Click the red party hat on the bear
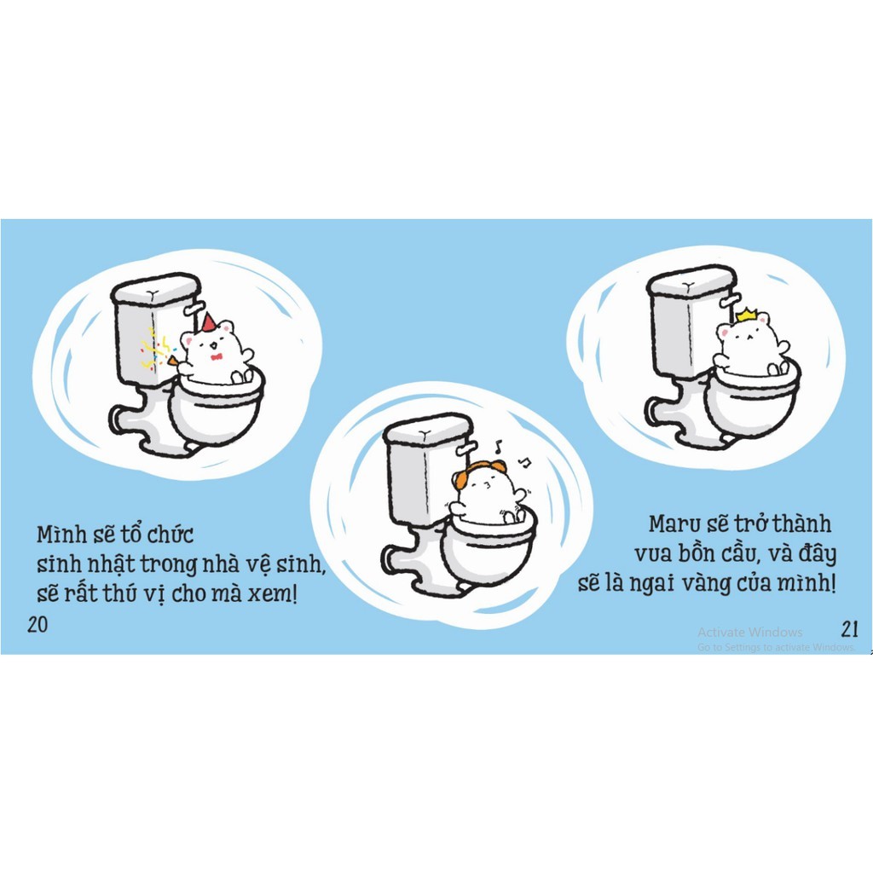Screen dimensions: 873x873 [x=208, y=322]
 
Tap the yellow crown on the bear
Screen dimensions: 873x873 [x=745, y=315]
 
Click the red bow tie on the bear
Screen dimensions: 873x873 [x=216, y=356]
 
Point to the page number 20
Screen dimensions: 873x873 [x=38, y=625]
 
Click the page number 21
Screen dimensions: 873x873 [x=850, y=629]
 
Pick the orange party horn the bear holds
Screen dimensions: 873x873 [x=173, y=361]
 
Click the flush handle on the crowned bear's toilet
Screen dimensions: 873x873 [x=731, y=299]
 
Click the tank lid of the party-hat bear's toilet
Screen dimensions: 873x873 [x=155, y=289]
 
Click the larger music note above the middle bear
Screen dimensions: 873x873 [x=498, y=446]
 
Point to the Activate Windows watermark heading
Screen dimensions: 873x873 [x=750, y=632]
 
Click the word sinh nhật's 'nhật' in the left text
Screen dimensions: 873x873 [x=111, y=564]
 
